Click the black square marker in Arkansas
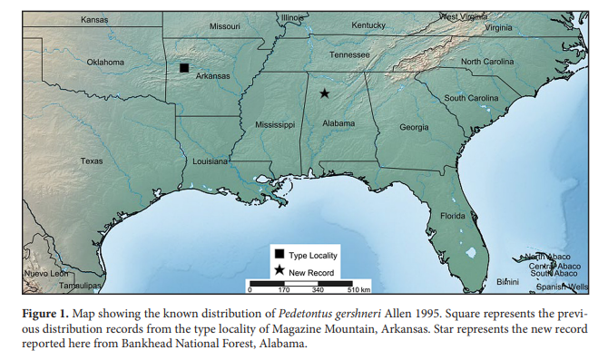tap(184, 68)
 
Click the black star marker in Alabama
tap(324, 92)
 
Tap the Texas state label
tap(92, 161)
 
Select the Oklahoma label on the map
tap(105, 62)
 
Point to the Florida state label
tap(453, 216)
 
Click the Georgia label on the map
tap(414, 127)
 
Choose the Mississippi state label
tap(275, 123)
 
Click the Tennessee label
tap(349, 54)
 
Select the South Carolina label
tap(470, 98)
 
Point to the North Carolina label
tap(493, 61)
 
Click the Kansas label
tap(93, 19)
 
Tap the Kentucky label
tap(368, 24)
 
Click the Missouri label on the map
tap(225, 26)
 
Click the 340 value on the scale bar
tap(318, 291)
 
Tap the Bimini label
tap(508, 282)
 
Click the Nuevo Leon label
tap(45, 273)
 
